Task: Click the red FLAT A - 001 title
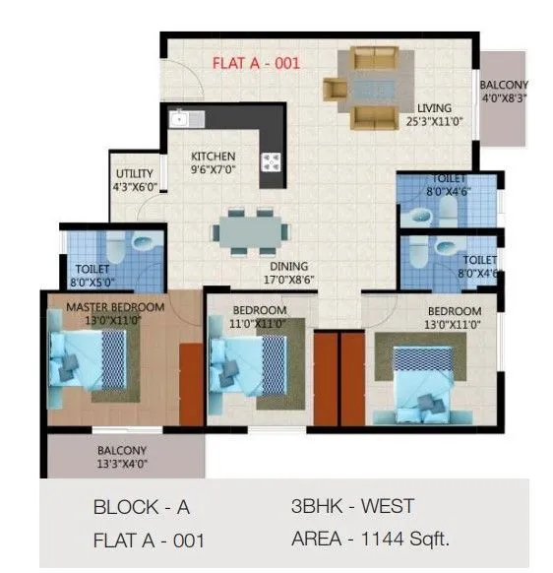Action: click(257, 64)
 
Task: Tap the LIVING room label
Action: click(434, 108)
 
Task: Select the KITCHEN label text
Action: click(213, 156)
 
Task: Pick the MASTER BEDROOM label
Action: click(115, 307)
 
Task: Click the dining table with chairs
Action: click(251, 231)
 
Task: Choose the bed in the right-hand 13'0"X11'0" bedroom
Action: click(424, 378)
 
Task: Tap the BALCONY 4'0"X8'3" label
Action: click(505, 91)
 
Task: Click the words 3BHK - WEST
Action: click(352, 507)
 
